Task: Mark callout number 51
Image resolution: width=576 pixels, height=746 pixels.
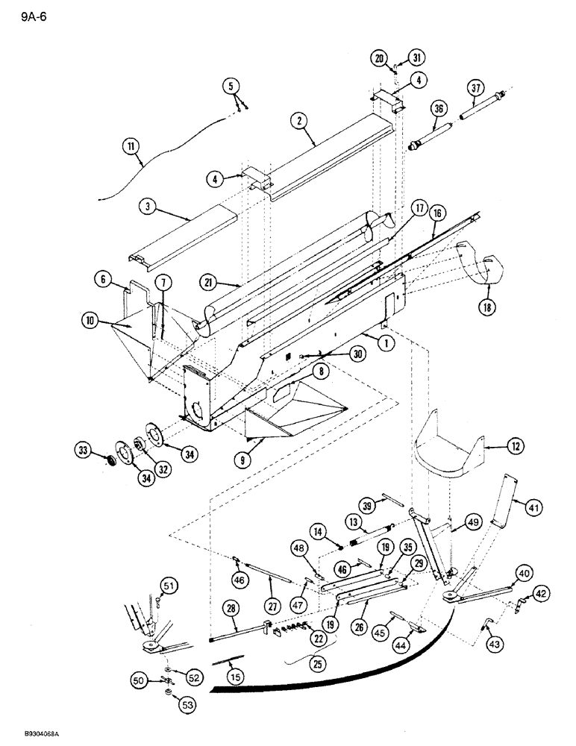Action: (x=171, y=586)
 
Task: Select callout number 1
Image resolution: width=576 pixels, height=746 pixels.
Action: (x=386, y=342)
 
